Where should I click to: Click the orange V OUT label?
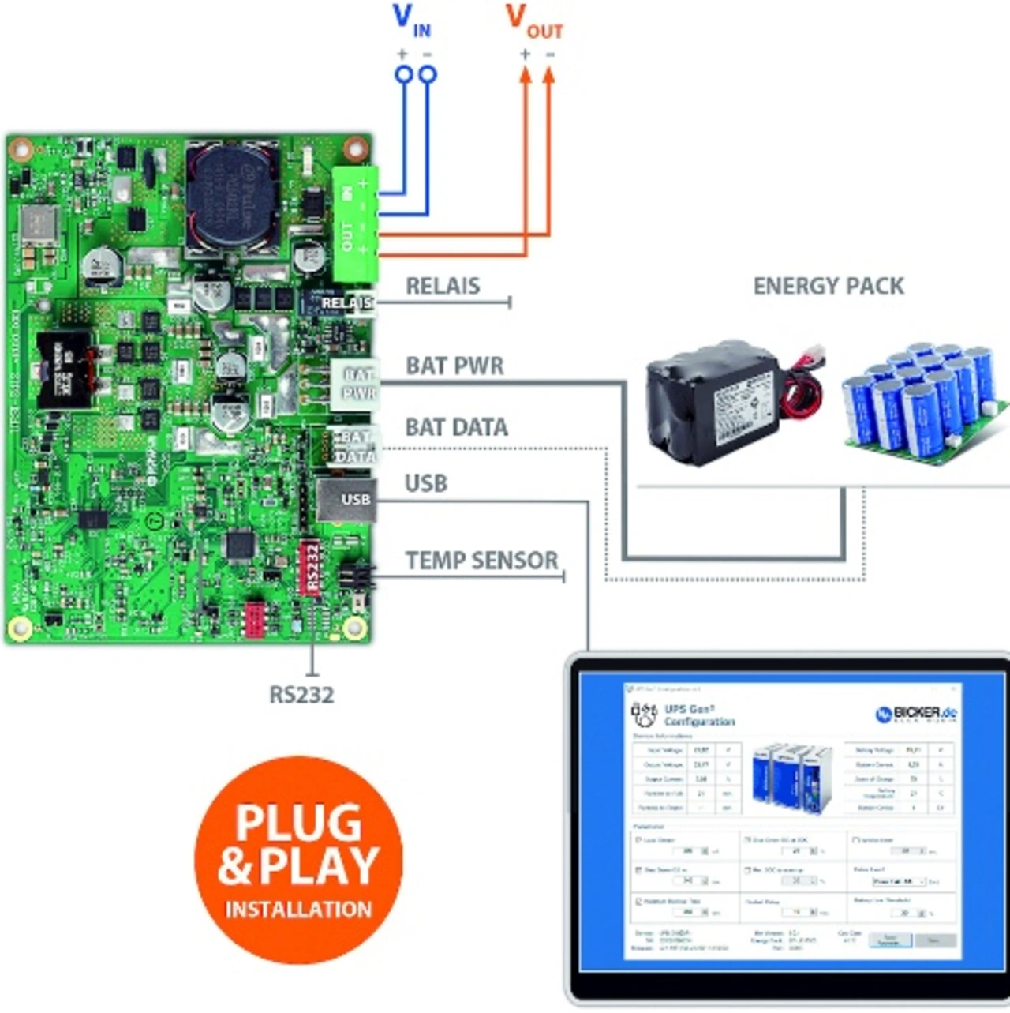[x=534, y=21]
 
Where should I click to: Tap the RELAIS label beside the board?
[x=443, y=286]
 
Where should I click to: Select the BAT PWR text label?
[x=454, y=366]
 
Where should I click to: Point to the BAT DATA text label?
[x=456, y=427]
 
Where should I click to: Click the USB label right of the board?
[x=426, y=483]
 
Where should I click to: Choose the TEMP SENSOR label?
[x=481, y=561]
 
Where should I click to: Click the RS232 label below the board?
[x=301, y=695]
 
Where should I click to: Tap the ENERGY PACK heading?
[x=829, y=286]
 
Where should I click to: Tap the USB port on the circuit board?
[x=345, y=500]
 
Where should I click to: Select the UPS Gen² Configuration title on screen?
[x=698, y=715]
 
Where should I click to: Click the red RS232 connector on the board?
[x=309, y=567]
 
